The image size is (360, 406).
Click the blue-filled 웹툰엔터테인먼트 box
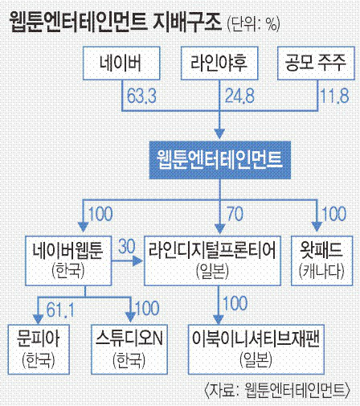(220, 160)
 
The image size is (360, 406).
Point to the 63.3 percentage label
(141, 96)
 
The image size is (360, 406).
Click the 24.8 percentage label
(239, 96)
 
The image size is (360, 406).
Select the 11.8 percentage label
(335, 96)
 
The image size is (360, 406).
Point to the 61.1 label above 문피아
(60, 310)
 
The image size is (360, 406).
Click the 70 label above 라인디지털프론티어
(235, 214)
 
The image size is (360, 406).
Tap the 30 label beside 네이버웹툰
(127, 246)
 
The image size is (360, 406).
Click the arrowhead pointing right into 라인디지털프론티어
(137, 260)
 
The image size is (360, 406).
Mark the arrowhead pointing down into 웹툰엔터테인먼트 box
(219, 133)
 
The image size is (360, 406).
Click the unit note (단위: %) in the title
(253, 25)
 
